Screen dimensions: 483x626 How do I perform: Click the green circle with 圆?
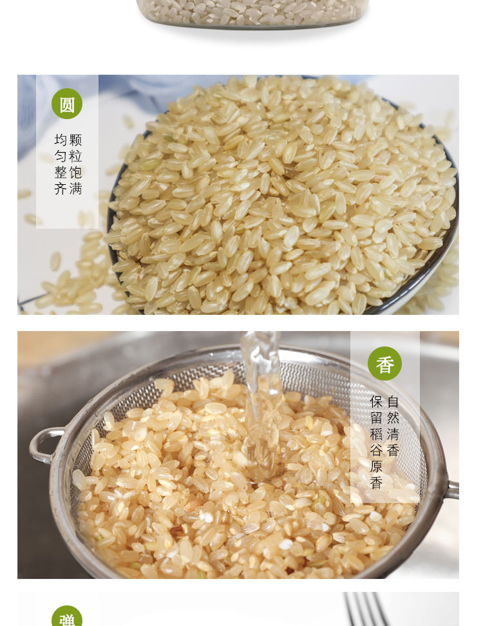pyautogui.click(x=67, y=104)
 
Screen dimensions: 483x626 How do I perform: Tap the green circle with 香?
pyautogui.click(x=385, y=363)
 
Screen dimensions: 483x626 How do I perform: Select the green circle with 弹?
pyautogui.click(x=67, y=616)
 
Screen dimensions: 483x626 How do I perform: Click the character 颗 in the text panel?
pyautogui.click(x=75, y=140)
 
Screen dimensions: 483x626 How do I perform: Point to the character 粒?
pyautogui.click(x=75, y=156)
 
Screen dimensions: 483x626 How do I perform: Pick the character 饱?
pyautogui.click(x=75, y=173)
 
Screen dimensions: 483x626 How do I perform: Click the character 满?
pyautogui.click(x=75, y=189)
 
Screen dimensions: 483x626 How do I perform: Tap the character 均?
pyautogui.click(x=61, y=140)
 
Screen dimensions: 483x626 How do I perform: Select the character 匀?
pyautogui.click(x=61, y=156)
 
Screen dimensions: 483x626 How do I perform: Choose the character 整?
pyautogui.click(x=61, y=173)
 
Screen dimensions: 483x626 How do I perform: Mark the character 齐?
pyautogui.click(x=61, y=189)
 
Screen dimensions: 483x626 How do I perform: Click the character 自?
pyautogui.click(x=393, y=401)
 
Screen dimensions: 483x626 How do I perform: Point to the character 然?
pyautogui.click(x=393, y=417)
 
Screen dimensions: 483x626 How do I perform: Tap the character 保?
pyautogui.click(x=377, y=401)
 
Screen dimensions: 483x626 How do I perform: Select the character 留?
pyautogui.click(x=377, y=417)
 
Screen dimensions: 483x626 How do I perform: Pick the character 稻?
pyautogui.click(x=377, y=434)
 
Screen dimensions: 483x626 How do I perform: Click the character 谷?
pyautogui.click(x=377, y=450)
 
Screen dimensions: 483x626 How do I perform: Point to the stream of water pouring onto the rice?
pyautogui.click(x=261, y=403)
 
